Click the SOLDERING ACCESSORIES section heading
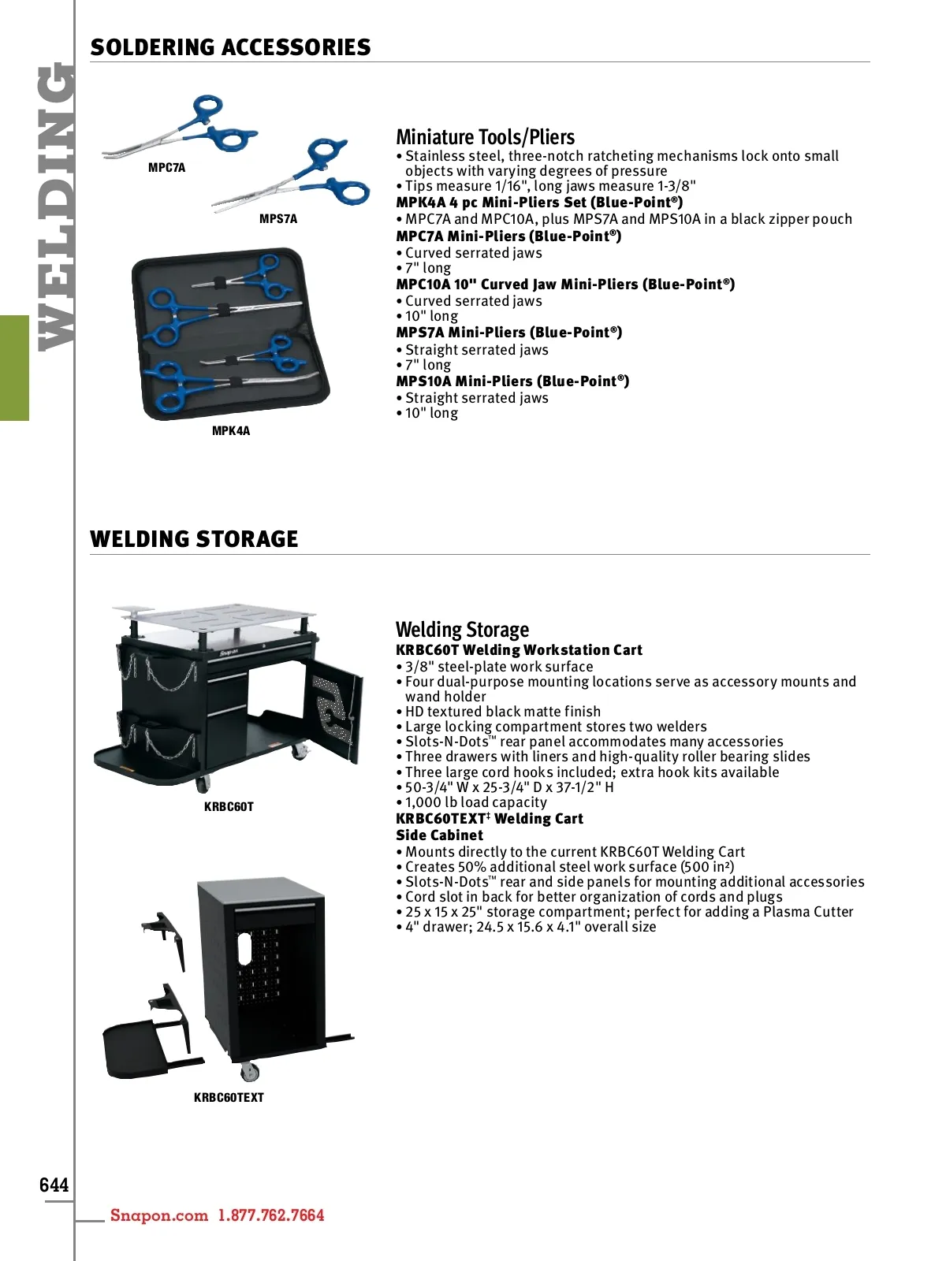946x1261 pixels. click(x=230, y=47)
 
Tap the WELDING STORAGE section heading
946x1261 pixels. click(x=194, y=539)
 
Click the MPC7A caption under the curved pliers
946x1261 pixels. click(x=166, y=168)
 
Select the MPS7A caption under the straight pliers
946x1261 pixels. click(x=278, y=219)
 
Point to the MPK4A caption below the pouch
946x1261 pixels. click(x=231, y=431)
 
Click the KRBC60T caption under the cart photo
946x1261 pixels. click(x=229, y=806)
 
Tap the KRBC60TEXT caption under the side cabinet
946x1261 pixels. click(x=229, y=1097)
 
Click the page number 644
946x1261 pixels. click(x=54, y=1184)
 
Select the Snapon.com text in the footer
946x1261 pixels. click(x=159, y=1215)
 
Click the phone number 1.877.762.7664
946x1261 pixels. click(x=271, y=1215)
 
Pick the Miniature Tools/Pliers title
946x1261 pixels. click(x=486, y=137)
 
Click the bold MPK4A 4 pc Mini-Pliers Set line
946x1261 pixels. click(x=539, y=203)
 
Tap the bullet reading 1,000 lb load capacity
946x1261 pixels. click(x=471, y=802)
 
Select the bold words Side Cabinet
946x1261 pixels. click(x=439, y=835)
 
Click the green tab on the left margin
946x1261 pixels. click(x=14, y=368)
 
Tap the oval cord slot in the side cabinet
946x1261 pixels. click(x=244, y=949)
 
